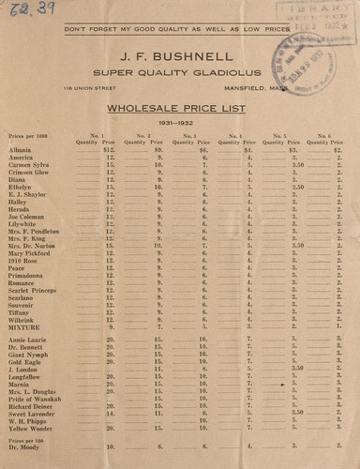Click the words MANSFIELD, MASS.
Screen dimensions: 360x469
(280, 89)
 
